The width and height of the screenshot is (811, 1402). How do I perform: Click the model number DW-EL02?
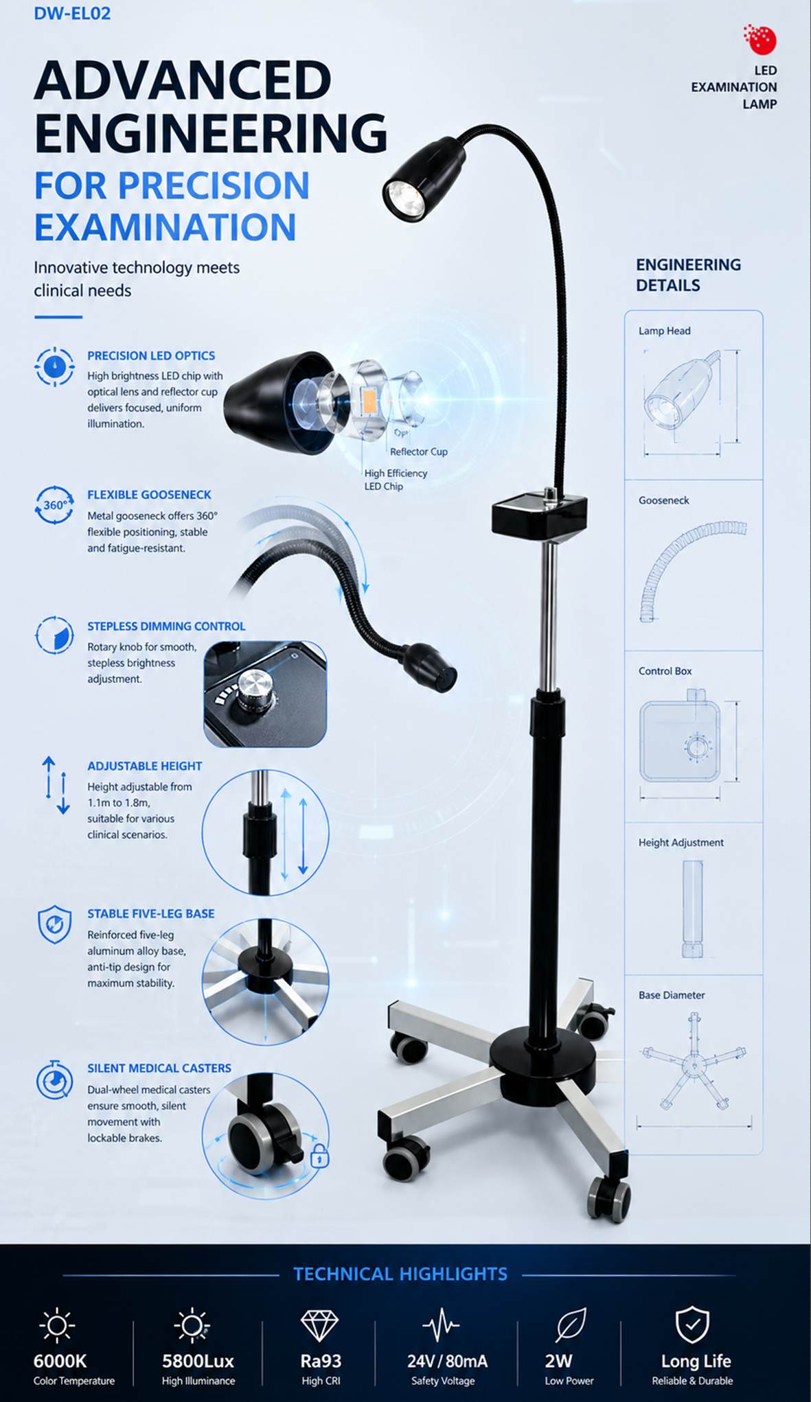pyautogui.click(x=72, y=13)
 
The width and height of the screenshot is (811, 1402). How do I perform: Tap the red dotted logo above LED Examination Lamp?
pyautogui.click(x=760, y=40)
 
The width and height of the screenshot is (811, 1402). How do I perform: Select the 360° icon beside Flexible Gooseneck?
pyautogui.click(x=54, y=505)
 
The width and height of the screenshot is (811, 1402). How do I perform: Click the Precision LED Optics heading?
pyautogui.click(x=151, y=355)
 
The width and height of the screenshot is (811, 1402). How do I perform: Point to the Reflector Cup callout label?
pyautogui.click(x=419, y=452)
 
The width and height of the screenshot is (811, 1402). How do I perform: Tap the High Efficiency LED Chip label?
pyautogui.click(x=396, y=480)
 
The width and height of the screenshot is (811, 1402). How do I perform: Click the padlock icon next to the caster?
pyautogui.click(x=320, y=1155)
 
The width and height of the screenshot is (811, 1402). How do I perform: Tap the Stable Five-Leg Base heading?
pyautogui.click(x=151, y=913)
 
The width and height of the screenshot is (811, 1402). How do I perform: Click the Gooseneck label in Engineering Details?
pyautogui.click(x=664, y=500)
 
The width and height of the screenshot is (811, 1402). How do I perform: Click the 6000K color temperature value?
pyautogui.click(x=60, y=1361)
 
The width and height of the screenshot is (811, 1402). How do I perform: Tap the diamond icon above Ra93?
pyautogui.click(x=320, y=1325)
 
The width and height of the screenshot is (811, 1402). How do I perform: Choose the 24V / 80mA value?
pyautogui.click(x=447, y=1361)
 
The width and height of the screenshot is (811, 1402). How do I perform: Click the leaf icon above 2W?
pyautogui.click(x=571, y=1324)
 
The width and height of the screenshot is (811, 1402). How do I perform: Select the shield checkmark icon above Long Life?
pyautogui.click(x=692, y=1324)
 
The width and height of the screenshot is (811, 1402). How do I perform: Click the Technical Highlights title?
pyautogui.click(x=400, y=1274)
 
